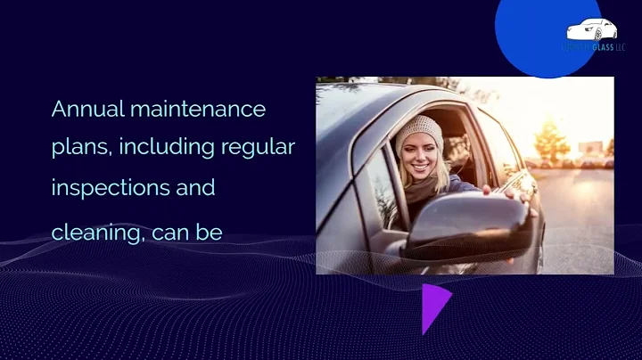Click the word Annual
click(87, 110)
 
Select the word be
click(211, 233)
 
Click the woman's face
click(420, 157)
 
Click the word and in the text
click(195, 189)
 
